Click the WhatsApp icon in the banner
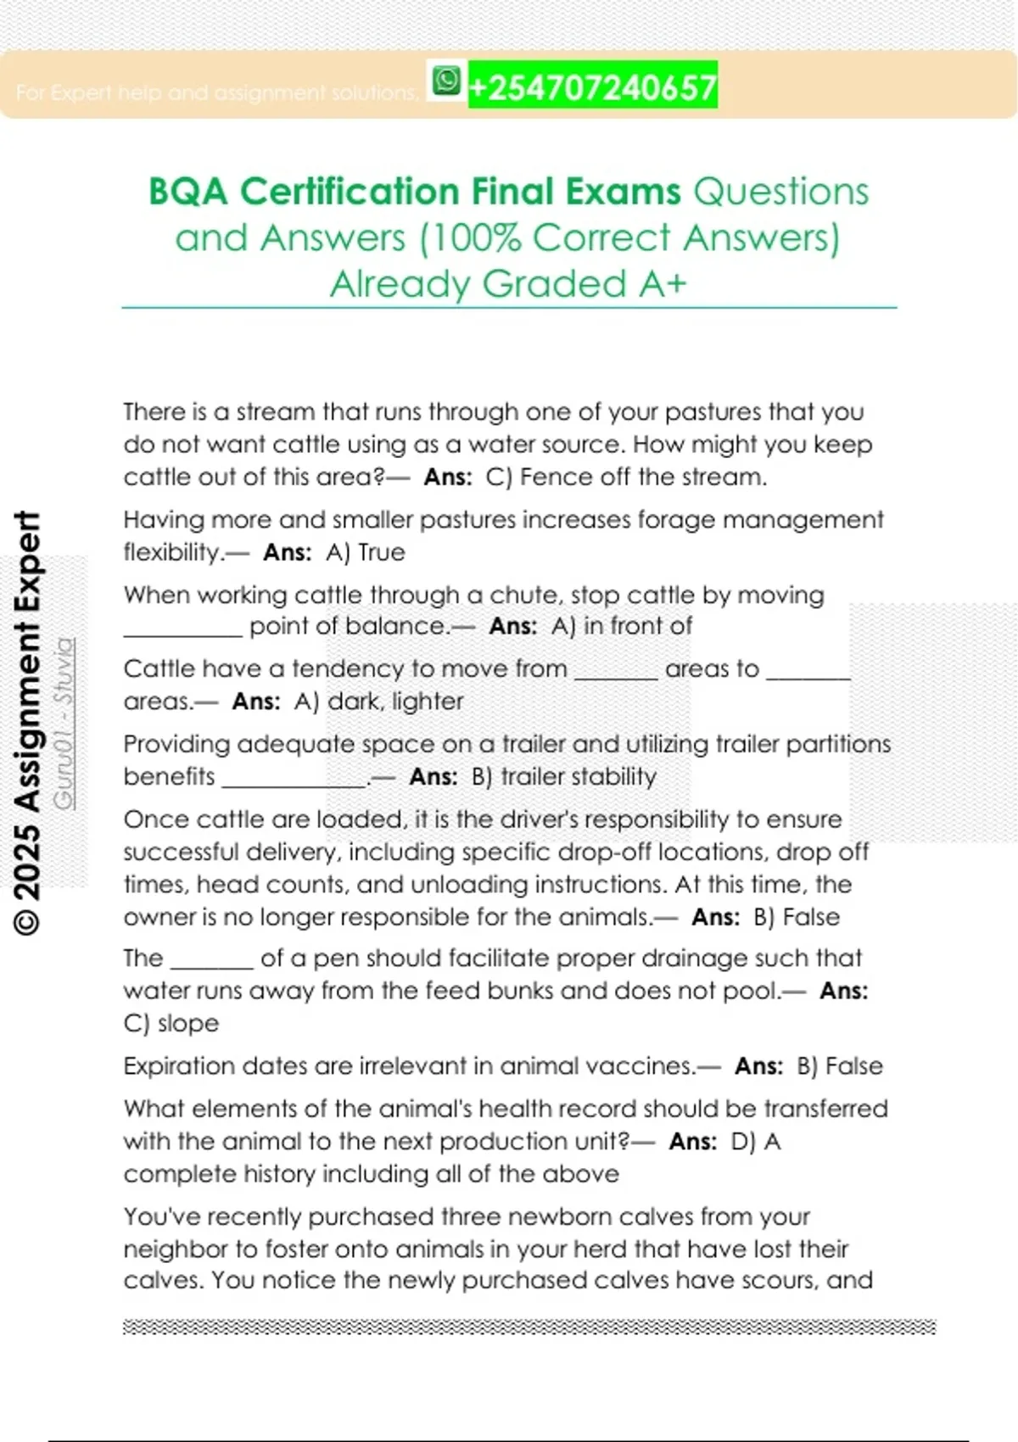[x=446, y=81]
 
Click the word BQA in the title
[x=188, y=192]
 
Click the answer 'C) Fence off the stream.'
[x=626, y=477]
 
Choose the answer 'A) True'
[x=366, y=552]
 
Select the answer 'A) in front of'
[x=622, y=626]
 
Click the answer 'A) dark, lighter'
[x=378, y=701]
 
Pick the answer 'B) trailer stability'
[x=564, y=777]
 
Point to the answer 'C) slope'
[x=171, y=1023]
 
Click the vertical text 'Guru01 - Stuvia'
[x=64, y=723]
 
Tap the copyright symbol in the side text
[x=27, y=921]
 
